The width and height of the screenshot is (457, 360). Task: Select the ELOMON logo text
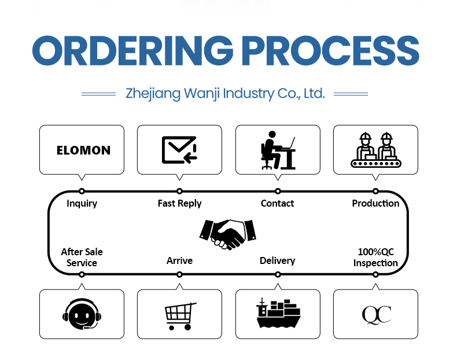pyautogui.click(x=83, y=150)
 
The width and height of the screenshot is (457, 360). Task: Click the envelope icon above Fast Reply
pyautogui.click(x=179, y=149)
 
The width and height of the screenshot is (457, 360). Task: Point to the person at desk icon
pyautogui.click(x=278, y=149)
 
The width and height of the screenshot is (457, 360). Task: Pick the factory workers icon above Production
pyautogui.click(x=375, y=150)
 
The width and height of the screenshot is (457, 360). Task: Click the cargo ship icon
pyautogui.click(x=278, y=314)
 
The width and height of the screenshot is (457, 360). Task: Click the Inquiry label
pyautogui.click(x=82, y=203)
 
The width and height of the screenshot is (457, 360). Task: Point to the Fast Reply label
pyautogui.click(x=179, y=203)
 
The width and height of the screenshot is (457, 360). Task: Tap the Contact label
pyautogui.click(x=277, y=203)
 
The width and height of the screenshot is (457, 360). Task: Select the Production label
pyautogui.click(x=375, y=203)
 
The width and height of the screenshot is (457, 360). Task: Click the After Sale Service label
pyautogui.click(x=82, y=258)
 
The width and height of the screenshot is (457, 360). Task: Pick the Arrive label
pyautogui.click(x=179, y=260)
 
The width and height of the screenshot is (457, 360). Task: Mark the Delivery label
pyautogui.click(x=277, y=260)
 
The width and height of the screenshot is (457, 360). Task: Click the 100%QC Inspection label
pyautogui.click(x=375, y=258)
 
